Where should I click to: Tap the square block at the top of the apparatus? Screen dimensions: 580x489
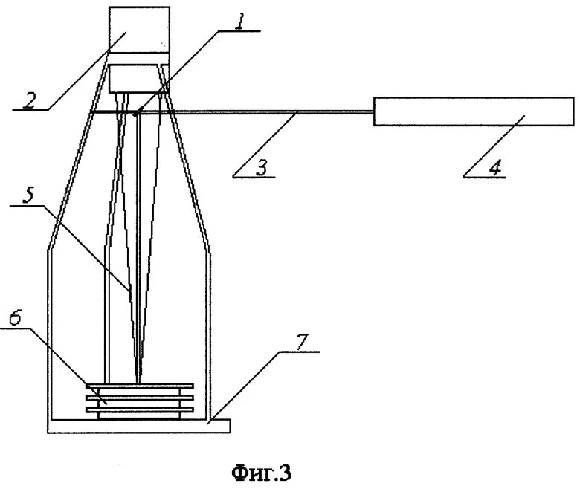pos(138,30)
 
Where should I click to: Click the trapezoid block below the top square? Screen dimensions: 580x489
pos(138,78)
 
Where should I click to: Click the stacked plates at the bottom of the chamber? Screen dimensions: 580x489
pos(139,400)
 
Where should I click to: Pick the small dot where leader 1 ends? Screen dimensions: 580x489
pos(137,114)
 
